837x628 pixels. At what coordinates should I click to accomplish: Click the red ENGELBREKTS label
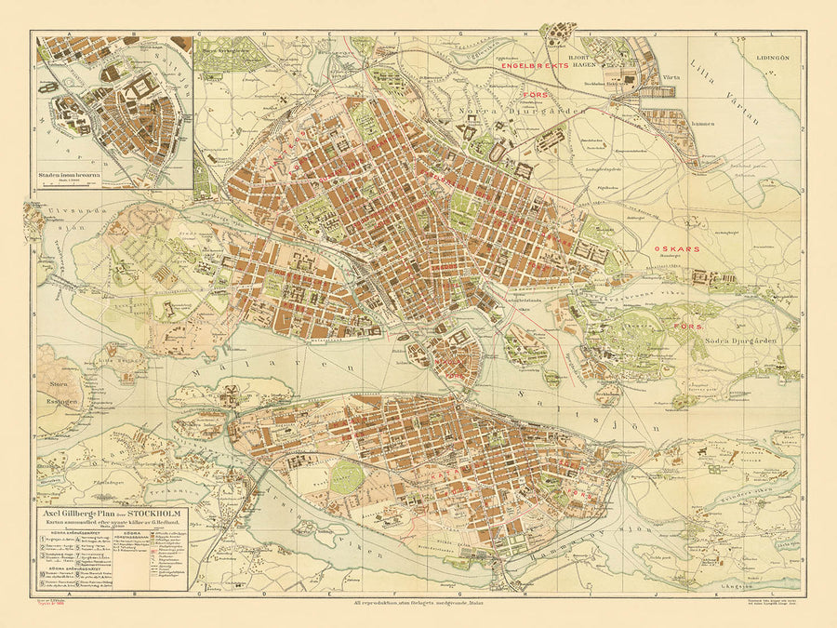coord(534,66)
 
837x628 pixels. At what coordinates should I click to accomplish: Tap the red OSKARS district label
coord(677,249)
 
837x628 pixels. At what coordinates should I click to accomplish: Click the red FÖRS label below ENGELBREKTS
coord(534,94)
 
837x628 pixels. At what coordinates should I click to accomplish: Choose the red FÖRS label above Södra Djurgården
coord(686,327)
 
